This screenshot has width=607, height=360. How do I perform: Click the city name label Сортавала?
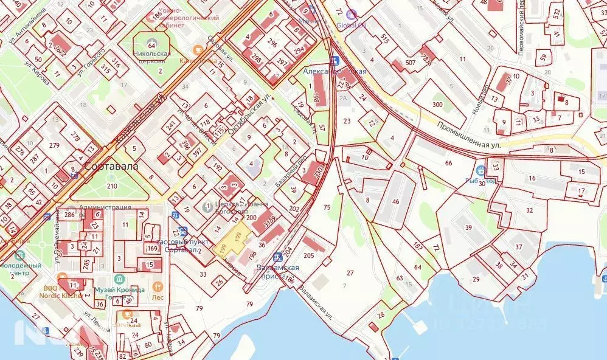(x=111, y=165)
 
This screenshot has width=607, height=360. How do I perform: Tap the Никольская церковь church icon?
(x=151, y=44)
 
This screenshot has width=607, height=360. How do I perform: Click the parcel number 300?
(x=437, y=105)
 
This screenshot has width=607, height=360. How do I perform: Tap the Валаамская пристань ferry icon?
(x=277, y=257)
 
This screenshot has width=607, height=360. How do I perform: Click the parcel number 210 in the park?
(x=111, y=185)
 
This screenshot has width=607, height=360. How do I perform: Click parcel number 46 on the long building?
(x=395, y=201)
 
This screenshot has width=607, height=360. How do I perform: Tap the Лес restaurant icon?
(x=158, y=286)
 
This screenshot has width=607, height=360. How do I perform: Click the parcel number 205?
(x=309, y=255)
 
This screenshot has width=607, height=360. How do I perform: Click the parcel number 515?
(x=384, y=39)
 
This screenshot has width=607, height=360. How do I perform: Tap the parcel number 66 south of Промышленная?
(x=449, y=163)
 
